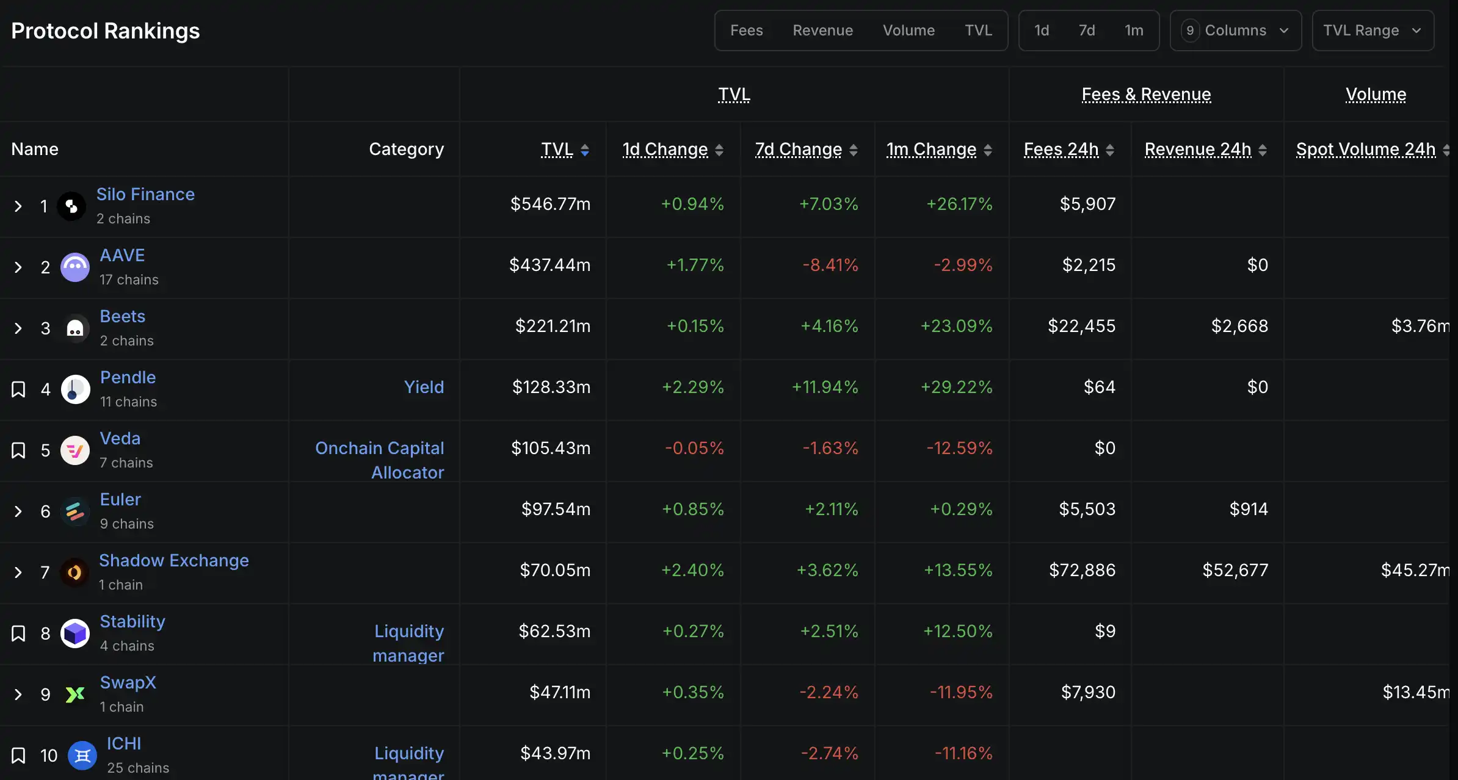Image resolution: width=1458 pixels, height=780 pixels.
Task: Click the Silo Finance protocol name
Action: click(145, 194)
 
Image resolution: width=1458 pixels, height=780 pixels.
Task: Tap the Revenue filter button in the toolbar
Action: click(822, 31)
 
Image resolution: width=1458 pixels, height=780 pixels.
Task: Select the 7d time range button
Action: click(1086, 31)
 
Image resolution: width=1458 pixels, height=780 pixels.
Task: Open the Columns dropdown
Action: click(1235, 31)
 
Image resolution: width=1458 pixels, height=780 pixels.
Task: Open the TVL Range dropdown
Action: click(1372, 31)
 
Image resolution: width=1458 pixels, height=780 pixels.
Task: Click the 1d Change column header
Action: click(665, 150)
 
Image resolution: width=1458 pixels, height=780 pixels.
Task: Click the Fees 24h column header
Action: click(1061, 150)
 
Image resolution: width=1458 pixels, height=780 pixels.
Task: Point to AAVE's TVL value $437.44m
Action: click(549, 265)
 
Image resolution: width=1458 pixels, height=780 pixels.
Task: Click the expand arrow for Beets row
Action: click(18, 328)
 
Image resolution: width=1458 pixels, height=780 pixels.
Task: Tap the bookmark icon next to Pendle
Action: click(18, 389)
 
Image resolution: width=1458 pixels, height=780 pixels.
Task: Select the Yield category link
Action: click(424, 387)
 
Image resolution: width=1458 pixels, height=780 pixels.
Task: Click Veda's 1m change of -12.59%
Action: click(959, 448)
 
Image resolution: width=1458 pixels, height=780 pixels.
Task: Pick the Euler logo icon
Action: click(75, 511)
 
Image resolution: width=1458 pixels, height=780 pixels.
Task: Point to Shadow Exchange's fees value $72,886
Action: click(1082, 570)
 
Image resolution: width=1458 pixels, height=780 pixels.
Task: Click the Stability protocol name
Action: click(132, 621)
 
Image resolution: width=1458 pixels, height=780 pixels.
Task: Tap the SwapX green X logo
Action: click(75, 695)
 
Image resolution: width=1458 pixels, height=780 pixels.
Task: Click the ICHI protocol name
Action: click(124, 743)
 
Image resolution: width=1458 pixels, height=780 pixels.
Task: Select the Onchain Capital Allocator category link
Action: click(380, 460)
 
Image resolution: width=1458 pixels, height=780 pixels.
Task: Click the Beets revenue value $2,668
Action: click(1239, 326)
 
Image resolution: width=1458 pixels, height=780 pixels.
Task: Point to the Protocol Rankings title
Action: click(106, 31)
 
